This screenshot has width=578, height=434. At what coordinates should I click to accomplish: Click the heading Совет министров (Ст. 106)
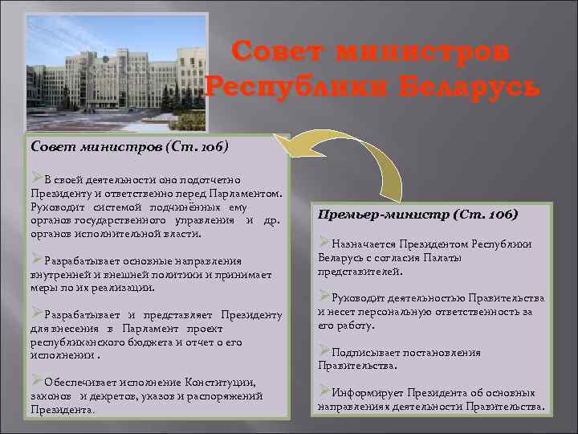point(129,147)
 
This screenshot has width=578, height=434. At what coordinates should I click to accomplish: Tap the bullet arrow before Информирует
point(324,391)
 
